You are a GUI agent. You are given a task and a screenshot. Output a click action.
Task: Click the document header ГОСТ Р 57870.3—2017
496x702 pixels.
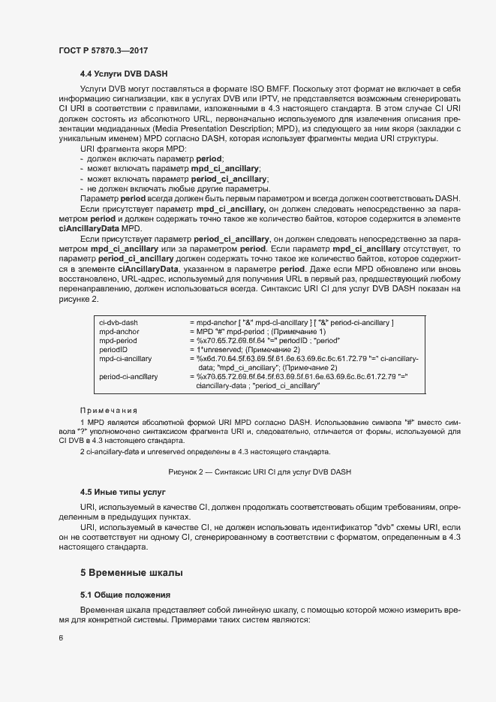(x=103, y=50)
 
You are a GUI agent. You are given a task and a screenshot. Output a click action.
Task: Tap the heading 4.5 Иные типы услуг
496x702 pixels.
(x=122, y=492)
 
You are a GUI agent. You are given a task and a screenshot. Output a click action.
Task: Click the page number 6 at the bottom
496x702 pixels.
(x=61, y=638)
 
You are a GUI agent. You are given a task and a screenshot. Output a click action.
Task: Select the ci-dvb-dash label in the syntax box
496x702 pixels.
(x=119, y=322)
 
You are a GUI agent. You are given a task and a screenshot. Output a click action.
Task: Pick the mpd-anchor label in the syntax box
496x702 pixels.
(x=119, y=331)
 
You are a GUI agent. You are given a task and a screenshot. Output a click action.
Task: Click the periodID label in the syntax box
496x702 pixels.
(x=113, y=349)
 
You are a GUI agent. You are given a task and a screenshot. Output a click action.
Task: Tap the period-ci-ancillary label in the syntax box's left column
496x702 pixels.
(x=128, y=376)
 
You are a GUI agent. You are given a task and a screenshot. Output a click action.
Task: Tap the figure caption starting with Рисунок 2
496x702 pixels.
(x=259, y=472)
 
